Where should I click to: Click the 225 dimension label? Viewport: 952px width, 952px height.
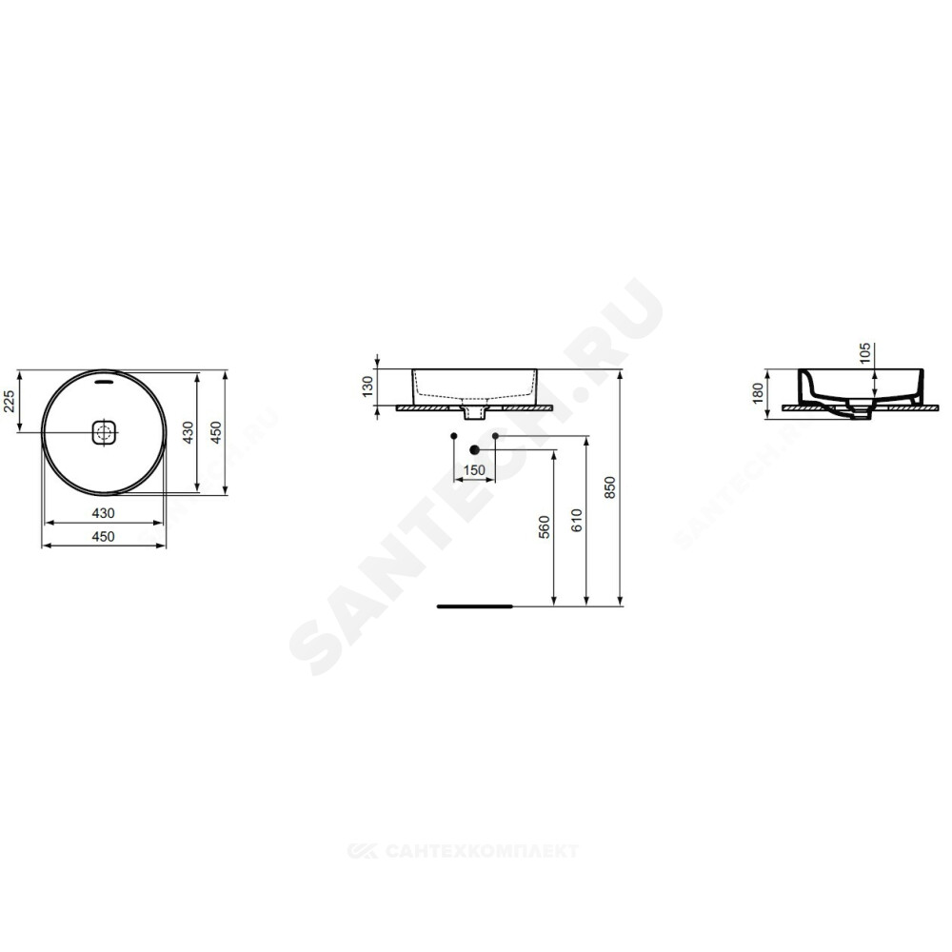(10, 401)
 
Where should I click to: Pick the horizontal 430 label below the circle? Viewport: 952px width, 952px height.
(103, 513)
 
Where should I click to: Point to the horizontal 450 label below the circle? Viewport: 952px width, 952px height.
(103, 536)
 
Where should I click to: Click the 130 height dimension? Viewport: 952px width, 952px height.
(367, 387)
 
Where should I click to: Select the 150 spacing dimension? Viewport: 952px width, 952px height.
(474, 470)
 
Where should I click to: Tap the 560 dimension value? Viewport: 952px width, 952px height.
(544, 527)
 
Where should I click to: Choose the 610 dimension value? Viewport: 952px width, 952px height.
(577, 521)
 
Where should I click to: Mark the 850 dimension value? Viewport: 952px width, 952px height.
(610, 487)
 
